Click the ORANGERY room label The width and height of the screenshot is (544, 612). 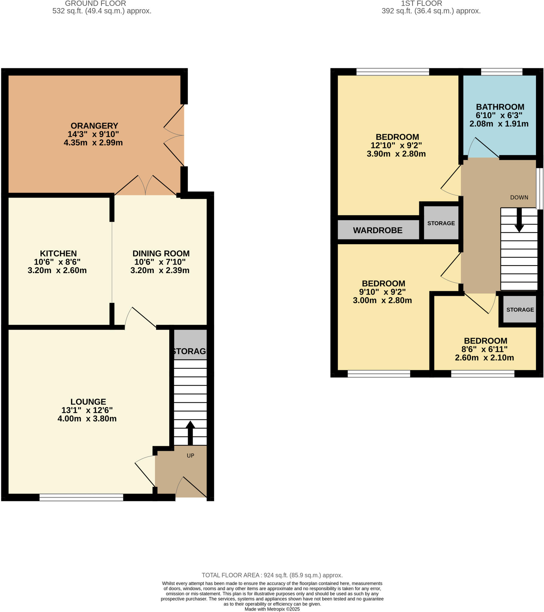point(94,126)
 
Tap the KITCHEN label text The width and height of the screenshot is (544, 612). point(58,253)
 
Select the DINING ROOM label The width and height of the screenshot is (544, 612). point(161,253)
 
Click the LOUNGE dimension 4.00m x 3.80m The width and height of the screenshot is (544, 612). point(87,418)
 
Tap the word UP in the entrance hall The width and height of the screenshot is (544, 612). point(190,455)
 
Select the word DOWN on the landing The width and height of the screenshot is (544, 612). point(519,197)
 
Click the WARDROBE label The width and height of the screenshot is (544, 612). point(378,230)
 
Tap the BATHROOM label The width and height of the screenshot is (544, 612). point(500,107)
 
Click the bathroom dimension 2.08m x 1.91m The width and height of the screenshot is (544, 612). point(499,124)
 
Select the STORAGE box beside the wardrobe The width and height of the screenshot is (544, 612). point(441,223)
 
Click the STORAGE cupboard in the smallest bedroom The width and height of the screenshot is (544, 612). point(520,310)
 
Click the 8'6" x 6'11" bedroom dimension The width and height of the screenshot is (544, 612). point(485,349)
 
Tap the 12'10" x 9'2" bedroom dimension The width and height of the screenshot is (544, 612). point(396,145)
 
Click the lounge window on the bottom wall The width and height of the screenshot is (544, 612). point(82,497)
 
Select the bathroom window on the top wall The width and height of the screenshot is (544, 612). point(502,71)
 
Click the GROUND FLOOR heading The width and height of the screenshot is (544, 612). point(96,4)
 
